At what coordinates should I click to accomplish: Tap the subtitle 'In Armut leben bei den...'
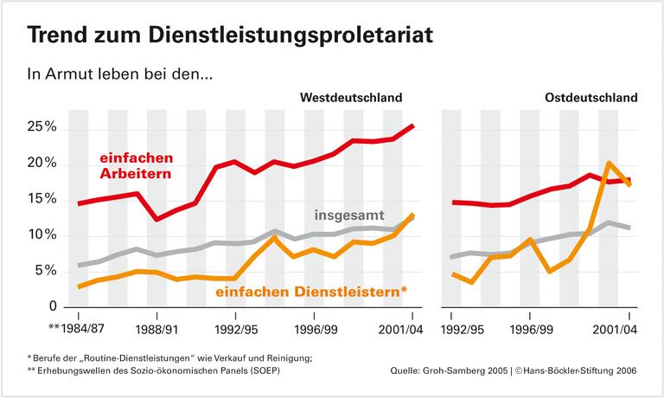(x=121, y=75)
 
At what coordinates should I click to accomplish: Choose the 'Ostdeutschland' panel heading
(x=591, y=98)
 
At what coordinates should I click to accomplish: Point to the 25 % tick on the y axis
(x=41, y=127)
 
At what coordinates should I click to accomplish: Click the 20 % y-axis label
(x=41, y=164)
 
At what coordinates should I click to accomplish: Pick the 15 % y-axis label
(x=41, y=200)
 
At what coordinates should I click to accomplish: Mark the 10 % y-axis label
(x=41, y=235)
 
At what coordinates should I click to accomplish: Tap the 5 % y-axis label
(x=45, y=271)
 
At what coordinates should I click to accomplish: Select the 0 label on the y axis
(x=52, y=306)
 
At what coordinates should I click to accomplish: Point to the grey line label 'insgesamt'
(x=349, y=213)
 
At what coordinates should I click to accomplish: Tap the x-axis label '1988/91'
(x=156, y=329)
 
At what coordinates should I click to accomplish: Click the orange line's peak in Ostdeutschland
(x=610, y=163)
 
